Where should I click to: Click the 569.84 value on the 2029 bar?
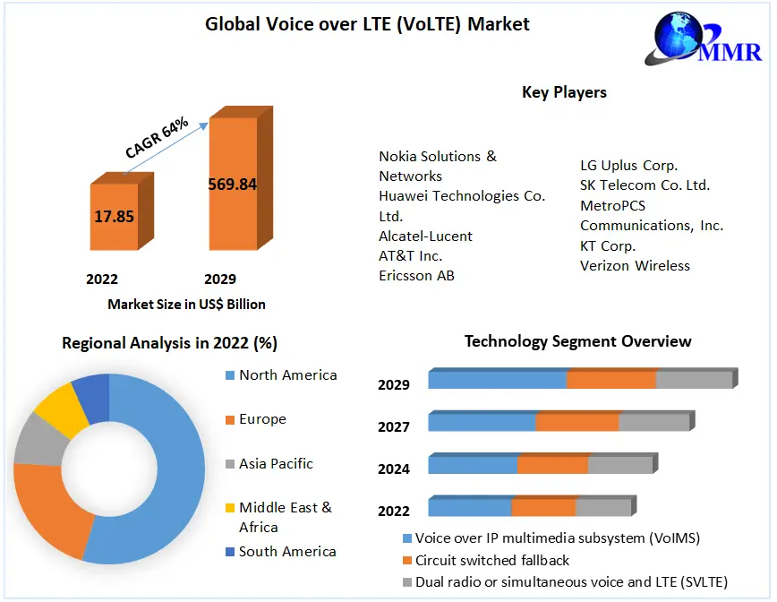232,185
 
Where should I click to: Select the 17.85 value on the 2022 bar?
114,216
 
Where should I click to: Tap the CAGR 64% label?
158,137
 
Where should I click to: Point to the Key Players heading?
564,92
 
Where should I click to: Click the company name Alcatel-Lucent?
425,236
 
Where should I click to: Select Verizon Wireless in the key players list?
635,265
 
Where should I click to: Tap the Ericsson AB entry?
416,276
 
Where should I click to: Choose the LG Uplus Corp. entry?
628,166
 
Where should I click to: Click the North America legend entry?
287,375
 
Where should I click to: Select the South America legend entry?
287,552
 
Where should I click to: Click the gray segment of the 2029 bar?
694,380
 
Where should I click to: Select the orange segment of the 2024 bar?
552,465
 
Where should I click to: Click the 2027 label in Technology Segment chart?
394,427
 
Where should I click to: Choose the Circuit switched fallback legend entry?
492,561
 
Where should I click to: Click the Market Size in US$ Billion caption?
186,305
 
